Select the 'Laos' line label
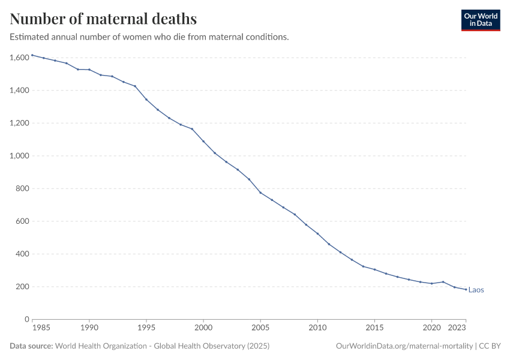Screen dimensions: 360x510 click(x=476, y=290)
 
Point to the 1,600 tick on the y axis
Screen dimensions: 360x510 click(x=20, y=58)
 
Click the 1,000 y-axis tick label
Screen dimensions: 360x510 click(x=20, y=156)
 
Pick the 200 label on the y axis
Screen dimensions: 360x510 click(x=23, y=287)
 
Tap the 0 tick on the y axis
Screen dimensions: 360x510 click(x=27, y=319)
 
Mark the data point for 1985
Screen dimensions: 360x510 click(x=32, y=55)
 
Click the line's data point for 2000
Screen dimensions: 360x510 click(x=203, y=142)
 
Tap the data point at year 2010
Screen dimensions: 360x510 click(x=317, y=234)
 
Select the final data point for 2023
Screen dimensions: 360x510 click(x=466, y=289)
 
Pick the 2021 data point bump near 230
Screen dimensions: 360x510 click(x=443, y=282)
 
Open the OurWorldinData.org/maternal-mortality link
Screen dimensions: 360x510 click(x=404, y=346)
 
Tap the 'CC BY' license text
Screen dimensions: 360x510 click(x=490, y=346)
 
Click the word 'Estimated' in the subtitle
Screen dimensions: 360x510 click(x=29, y=37)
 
